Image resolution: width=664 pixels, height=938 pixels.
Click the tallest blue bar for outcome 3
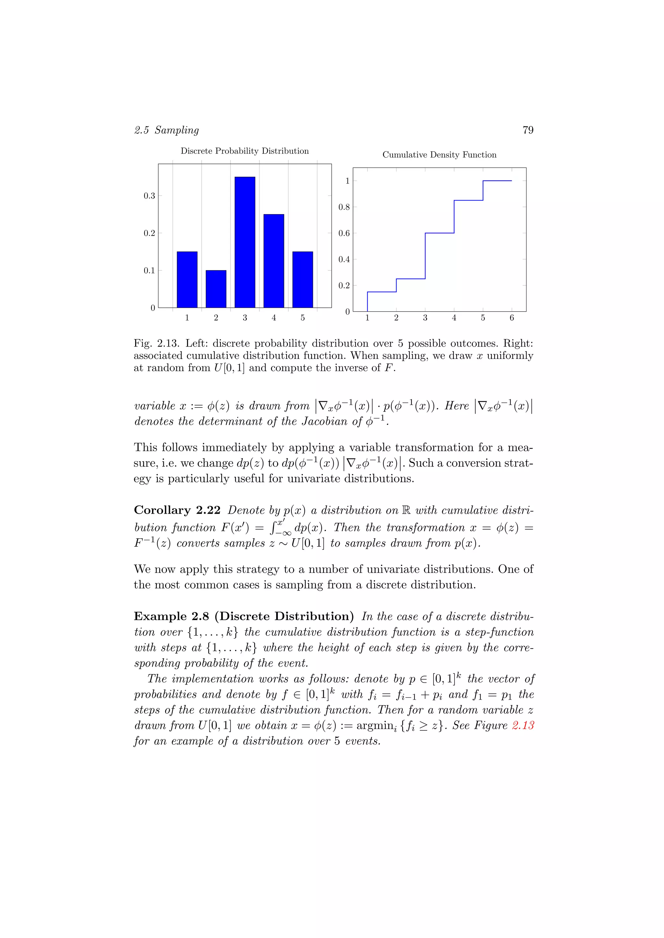[x=244, y=242]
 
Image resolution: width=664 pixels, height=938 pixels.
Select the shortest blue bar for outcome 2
[x=216, y=289]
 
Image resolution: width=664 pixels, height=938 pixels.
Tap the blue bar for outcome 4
[x=274, y=261]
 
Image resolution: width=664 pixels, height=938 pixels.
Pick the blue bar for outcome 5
[x=302, y=280]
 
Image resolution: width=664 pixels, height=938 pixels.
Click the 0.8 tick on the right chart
[x=344, y=207]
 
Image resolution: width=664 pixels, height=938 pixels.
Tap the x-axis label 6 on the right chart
[x=512, y=318]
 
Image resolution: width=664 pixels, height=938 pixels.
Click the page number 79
[x=528, y=130]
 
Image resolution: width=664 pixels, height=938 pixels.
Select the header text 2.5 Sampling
[x=166, y=130]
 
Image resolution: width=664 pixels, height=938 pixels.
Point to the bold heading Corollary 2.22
[x=177, y=510]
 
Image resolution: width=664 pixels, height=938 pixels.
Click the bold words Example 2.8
[x=171, y=616]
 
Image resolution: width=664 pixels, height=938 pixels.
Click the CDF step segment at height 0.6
[x=440, y=233]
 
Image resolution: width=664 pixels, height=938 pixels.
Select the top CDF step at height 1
[x=497, y=181]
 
